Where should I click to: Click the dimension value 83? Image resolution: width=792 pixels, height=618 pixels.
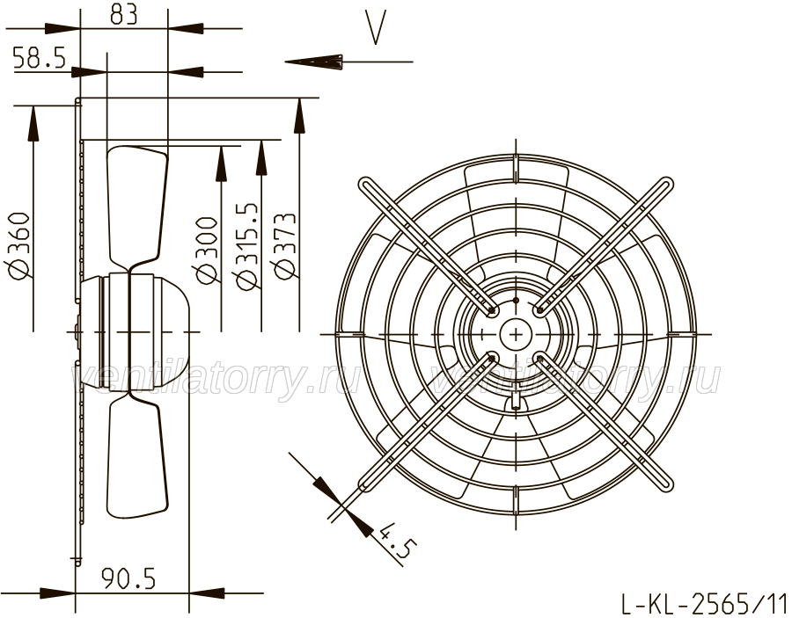tap(124, 15)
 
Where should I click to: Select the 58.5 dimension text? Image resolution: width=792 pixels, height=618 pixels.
tap(40, 58)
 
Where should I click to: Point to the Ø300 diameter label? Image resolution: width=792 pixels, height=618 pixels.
tap(207, 251)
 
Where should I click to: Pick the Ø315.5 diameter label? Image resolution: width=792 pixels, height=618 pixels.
tap(247, 247)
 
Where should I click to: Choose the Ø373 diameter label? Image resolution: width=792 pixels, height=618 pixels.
tap(284, 245)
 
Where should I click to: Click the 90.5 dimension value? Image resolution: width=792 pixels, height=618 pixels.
tap(128, 578)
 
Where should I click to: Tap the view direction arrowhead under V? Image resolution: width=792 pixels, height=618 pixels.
tap(313, 62)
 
